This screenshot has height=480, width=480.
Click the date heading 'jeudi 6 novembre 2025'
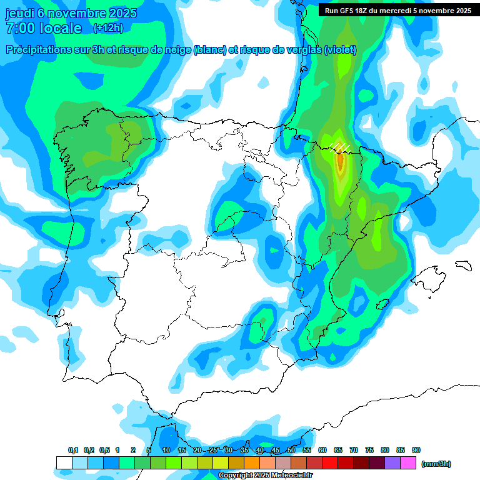click(71, 13)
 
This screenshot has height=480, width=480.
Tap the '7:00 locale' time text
click(43, 28)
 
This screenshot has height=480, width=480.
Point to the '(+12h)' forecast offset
click(108, 28)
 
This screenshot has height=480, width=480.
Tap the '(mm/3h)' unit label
click(436, 464)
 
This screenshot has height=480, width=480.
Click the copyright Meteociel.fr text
click(266, 476)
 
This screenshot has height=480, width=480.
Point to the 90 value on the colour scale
click(416, 450)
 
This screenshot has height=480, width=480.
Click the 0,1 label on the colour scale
click(73, 450)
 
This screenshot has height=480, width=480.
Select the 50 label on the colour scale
click(291, 450)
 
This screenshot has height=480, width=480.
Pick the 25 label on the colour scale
click(213, 450)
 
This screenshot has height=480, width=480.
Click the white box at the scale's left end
click(64, 462)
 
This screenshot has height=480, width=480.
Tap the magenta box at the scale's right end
click(408, 462)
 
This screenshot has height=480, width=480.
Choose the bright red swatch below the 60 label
click(329, 462)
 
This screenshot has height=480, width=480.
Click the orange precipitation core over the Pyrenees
click(340, 161)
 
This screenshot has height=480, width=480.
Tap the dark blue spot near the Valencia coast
click(359, 303)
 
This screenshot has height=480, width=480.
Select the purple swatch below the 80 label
click(392, 462)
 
